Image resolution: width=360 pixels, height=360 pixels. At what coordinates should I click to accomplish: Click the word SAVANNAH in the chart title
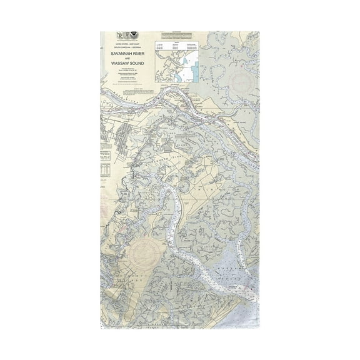click(x=117, y=54)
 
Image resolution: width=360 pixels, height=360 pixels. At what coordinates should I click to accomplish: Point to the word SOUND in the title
click(x=139, y=65)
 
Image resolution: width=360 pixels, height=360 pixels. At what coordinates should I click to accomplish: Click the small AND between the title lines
click(x=127, y=60)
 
